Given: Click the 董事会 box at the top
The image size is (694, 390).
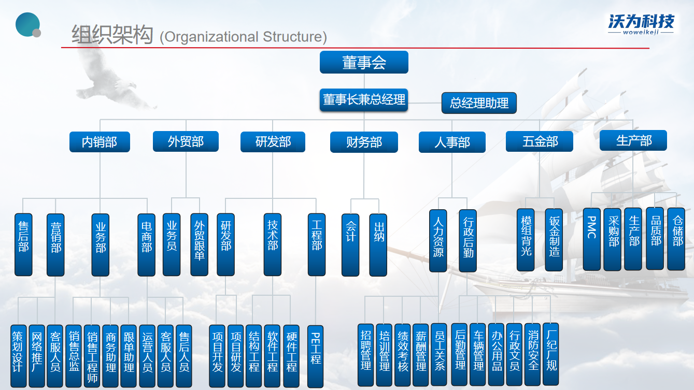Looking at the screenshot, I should (x=364, y=62).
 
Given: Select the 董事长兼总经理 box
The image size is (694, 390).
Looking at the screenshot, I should (x=364, y=100).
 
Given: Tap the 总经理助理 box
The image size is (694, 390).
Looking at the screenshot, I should (x=479, y=103).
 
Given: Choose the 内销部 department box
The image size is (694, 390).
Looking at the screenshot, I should (x=100, y=141).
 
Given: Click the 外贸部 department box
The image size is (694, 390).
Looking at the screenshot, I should (x=186, y=141).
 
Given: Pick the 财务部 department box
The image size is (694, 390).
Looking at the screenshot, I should (x=364, y=142).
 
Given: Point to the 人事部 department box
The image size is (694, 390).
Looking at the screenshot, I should (x=452, y=142).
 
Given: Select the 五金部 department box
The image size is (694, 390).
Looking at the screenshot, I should (x=540, y=141).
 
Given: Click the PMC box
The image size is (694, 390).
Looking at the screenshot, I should (x=591, y=239).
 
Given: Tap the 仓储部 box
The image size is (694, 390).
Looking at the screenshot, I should (x=676, y=239).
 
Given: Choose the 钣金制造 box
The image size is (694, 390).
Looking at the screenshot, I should (x=554, y=240).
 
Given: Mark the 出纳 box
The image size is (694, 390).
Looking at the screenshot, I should (x=378, y=244).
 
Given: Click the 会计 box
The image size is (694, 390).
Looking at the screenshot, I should (x=350, y=244).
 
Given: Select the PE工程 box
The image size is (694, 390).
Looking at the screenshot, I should (x=316, y=356).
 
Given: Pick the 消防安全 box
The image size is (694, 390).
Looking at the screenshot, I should (x=533, y=355).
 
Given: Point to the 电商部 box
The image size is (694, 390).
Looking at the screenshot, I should (x=146, y=244).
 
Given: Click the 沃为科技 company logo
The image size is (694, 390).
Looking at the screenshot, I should (x=641, y=24).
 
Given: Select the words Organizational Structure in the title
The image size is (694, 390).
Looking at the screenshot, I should (x=243, y=37).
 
